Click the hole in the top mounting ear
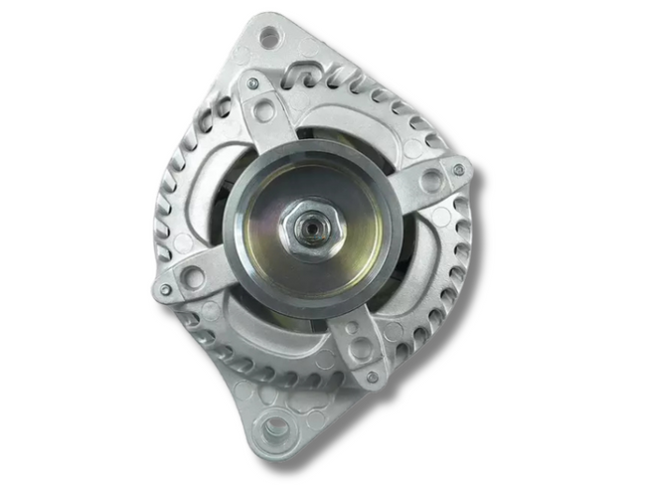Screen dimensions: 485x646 tap(267, 39)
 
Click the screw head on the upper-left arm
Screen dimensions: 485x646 tap(253, 83)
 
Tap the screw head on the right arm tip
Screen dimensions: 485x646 tap(458, 170)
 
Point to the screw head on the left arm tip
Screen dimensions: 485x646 tap(165, 290)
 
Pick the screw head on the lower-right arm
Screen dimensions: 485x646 tap(372, 377)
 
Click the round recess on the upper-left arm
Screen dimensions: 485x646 tap(265, 111)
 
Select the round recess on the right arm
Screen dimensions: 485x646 tap(431, 182)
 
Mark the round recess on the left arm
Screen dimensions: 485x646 tap(194, 278)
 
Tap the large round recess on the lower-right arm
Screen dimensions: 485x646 tap(360, 348)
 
